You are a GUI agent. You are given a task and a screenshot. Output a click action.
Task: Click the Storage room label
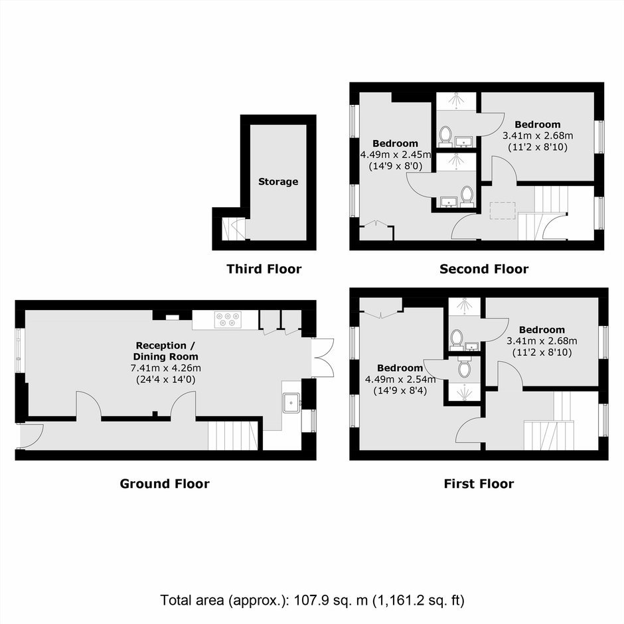coord(278,182)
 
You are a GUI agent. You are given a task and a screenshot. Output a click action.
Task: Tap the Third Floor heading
coord(264,269)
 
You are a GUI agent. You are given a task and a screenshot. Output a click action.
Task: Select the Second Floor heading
coord(484,269)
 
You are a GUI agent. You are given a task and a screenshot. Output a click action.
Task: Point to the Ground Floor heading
coord(165,483)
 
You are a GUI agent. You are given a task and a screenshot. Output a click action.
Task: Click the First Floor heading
coord(479,483)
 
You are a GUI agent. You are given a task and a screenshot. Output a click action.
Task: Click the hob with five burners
coord(228,319)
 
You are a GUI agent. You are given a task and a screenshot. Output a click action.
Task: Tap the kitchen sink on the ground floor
coord(291,403)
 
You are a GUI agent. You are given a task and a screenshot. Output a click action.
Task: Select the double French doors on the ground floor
coord(323,358)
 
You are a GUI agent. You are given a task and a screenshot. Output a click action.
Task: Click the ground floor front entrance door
coord(31,436)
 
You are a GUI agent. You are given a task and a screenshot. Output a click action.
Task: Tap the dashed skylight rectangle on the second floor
coord(503,210)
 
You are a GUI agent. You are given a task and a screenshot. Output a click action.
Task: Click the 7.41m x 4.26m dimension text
coord(165,368)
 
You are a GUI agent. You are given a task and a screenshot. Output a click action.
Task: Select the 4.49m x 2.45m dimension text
coord(396,155)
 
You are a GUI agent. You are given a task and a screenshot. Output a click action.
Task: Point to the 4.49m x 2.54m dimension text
coord(400,379)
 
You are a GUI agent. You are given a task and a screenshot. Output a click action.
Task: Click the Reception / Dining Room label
coord(166,351)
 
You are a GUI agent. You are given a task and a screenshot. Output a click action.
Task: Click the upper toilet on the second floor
coord(445,135)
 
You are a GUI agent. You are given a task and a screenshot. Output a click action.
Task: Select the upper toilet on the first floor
coord(456,339)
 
